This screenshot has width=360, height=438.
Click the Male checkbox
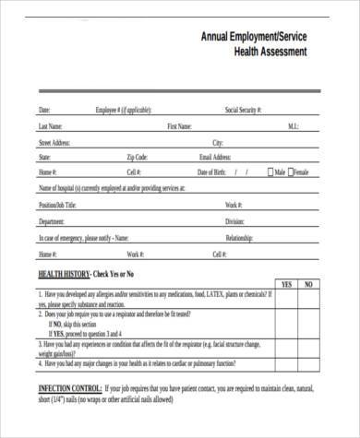269,172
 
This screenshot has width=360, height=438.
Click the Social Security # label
244,110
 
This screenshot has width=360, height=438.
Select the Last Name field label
50,126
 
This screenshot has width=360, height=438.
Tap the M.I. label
293,126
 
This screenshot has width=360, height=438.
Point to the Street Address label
54,143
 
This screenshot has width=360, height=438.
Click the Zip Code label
137,158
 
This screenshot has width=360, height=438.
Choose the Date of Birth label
213,172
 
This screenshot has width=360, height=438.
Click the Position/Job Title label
57,205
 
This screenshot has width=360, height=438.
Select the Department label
52,221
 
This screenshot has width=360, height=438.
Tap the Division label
234,221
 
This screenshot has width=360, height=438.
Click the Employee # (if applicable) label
125,110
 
